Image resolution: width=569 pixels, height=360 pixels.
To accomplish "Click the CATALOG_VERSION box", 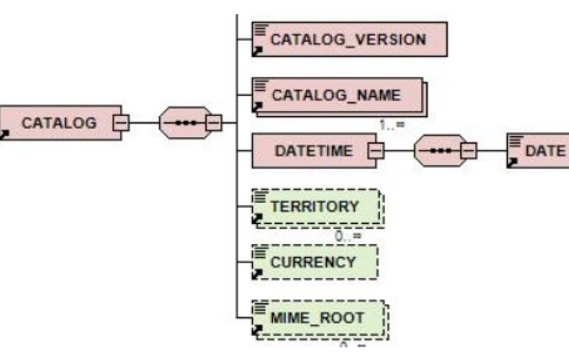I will click(x=349, y=38).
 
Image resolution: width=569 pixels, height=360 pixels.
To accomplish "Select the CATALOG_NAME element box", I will click(x=338, y=95).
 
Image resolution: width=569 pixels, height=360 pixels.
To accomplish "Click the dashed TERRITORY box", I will click(x=317, y=207).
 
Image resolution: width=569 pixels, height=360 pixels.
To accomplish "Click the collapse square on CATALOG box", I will click(x=121, y=122).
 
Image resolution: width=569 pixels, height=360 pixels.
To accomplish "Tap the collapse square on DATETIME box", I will click(x=376, y=151).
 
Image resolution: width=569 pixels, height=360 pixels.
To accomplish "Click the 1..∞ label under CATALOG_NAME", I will click(x=392, y=124).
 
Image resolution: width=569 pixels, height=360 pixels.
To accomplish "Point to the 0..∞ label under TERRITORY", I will click(x=349, y=235).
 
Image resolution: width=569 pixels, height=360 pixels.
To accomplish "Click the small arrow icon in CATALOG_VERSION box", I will click(x=258, y=51).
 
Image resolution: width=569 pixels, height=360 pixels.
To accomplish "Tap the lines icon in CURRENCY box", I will click(x=261, y=251).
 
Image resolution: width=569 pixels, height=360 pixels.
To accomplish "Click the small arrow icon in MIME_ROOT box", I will click(x=258, y=330).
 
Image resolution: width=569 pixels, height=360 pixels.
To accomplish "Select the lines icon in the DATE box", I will click(x=515, y=140).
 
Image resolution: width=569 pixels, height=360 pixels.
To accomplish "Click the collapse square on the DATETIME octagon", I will click(x=468, y=151).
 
